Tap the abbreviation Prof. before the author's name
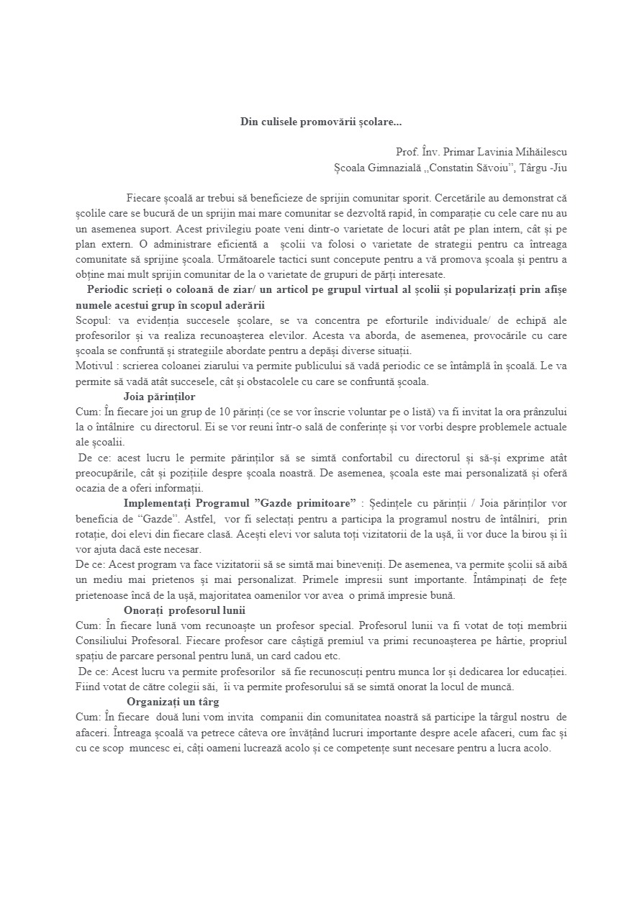[407, 152]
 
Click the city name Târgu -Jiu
[543, 168]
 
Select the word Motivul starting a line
[94, 366]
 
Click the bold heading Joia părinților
[159, 397]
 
